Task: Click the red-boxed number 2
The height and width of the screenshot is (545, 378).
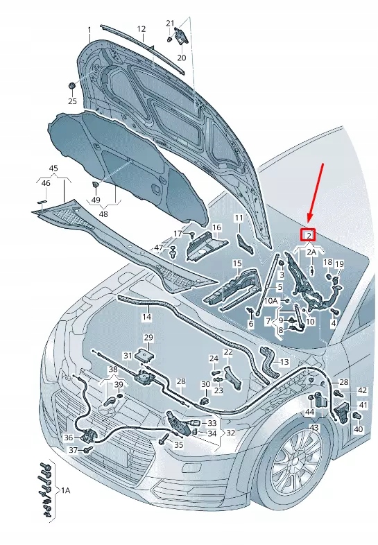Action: click(308, 236)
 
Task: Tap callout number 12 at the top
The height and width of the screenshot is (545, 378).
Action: click(141, 29)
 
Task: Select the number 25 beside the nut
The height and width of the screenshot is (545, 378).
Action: click(72, 101)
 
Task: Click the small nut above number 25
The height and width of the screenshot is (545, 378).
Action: click(72, 85)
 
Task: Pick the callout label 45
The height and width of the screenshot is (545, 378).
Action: click(53, 168)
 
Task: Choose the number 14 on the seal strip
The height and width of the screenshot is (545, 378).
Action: click(146, 317)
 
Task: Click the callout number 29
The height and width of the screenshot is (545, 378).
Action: click(148, 338)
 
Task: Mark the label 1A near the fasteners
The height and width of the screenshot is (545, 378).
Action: click(66, 490)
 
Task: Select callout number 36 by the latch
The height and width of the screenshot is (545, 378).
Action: click(68, 438)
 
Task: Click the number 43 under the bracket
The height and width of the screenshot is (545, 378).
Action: click(314, 428)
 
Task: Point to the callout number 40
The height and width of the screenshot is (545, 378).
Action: click(358, 429)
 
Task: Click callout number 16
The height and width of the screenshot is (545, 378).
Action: click(216, 227)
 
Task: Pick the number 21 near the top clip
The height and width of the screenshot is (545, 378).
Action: click(170, 23)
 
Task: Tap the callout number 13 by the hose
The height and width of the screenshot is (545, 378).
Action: click(284, 362)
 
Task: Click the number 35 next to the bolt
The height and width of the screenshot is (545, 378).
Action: click(178, 444)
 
